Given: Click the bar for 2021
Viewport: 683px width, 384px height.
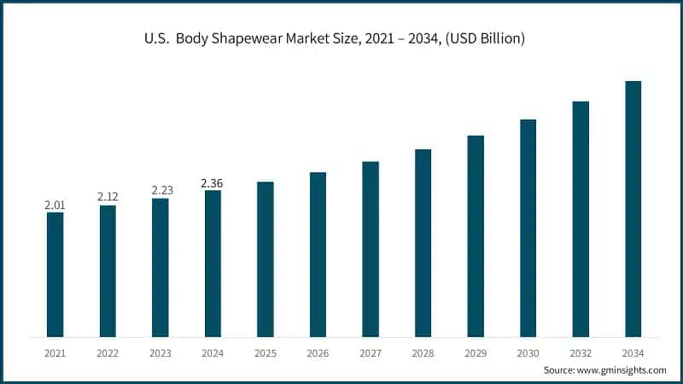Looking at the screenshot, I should click(55, 274).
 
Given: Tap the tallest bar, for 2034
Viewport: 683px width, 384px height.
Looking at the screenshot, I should click(633, 208).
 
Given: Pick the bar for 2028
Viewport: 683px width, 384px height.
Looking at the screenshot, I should click(423, 242).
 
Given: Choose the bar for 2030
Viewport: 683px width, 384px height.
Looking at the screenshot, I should click(528, 228).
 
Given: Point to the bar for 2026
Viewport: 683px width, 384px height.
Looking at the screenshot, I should click(318, 254).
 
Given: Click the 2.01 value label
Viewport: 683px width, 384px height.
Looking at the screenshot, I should click(55, 205).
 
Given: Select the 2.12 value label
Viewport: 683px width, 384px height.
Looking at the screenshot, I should click(108, 197).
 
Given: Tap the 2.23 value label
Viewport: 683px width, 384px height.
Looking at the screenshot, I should click(161, 190).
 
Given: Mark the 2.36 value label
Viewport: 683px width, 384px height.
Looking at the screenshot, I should click(213, 183).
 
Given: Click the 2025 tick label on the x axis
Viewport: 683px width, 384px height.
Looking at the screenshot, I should click(266, 352).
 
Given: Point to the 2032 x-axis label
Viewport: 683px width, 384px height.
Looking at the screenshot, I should click(581, 352).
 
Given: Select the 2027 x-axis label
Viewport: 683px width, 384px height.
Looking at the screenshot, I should click(371, 352).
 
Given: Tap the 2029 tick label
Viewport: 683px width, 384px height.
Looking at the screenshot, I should click(476, 352).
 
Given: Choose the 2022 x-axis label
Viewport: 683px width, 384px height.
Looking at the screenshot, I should click(108, 352).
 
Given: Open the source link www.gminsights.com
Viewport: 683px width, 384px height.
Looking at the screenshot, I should click(622, 369).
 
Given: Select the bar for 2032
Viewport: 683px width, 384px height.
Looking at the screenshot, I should click(581, 218).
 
